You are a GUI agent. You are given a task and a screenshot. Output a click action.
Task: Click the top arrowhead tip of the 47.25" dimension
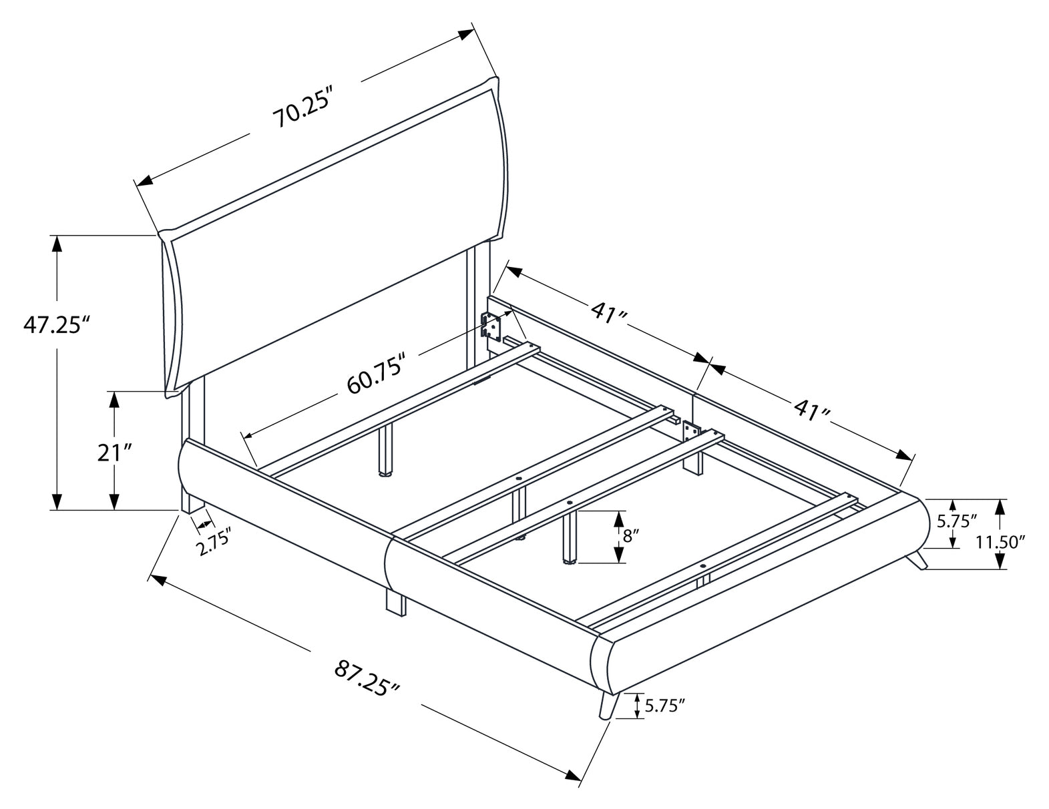(x=57, y=236)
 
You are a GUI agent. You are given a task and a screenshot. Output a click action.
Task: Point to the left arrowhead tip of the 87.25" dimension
(x=150, y=574)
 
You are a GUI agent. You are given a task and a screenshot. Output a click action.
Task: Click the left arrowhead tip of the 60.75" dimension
(x=245, y=436)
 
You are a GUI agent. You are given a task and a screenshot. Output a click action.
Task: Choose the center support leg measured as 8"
(x=570, y=538)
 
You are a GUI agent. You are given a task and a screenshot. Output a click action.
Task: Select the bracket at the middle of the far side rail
(x=691, y=431)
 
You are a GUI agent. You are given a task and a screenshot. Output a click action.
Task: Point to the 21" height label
(x=114, y=453)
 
